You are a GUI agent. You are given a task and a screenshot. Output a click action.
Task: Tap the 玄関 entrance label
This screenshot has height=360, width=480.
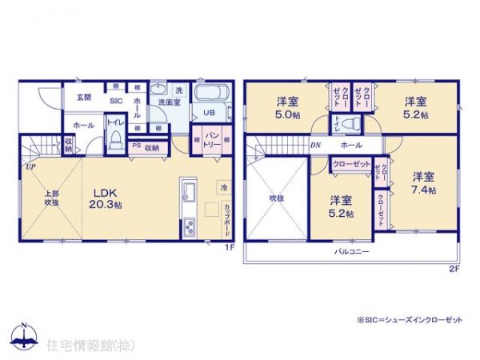tap(83, 97)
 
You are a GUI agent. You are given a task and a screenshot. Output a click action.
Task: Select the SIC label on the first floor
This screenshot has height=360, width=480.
tap(115, 102)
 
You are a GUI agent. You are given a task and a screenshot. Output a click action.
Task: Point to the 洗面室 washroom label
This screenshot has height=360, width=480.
tap(166, 104)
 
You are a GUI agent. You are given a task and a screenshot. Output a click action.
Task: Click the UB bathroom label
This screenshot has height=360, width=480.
tap(208, 113)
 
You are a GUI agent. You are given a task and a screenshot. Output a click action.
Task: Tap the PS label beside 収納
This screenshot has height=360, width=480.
tap(135, 146)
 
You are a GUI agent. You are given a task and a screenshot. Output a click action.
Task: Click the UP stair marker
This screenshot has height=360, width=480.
tap(29, 167)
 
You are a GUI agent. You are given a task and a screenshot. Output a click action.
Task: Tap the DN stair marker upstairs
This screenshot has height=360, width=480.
tap(315, 146)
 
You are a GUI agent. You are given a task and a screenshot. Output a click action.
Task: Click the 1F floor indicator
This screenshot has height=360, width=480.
tap(228, 247)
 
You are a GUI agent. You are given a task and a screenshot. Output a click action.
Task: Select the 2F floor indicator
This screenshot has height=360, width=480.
tap(454, 268)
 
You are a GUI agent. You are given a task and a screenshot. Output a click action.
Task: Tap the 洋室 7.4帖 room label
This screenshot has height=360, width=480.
tap(423, 183)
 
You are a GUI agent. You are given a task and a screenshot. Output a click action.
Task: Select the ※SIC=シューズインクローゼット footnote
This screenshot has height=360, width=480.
tap(410, 319)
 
